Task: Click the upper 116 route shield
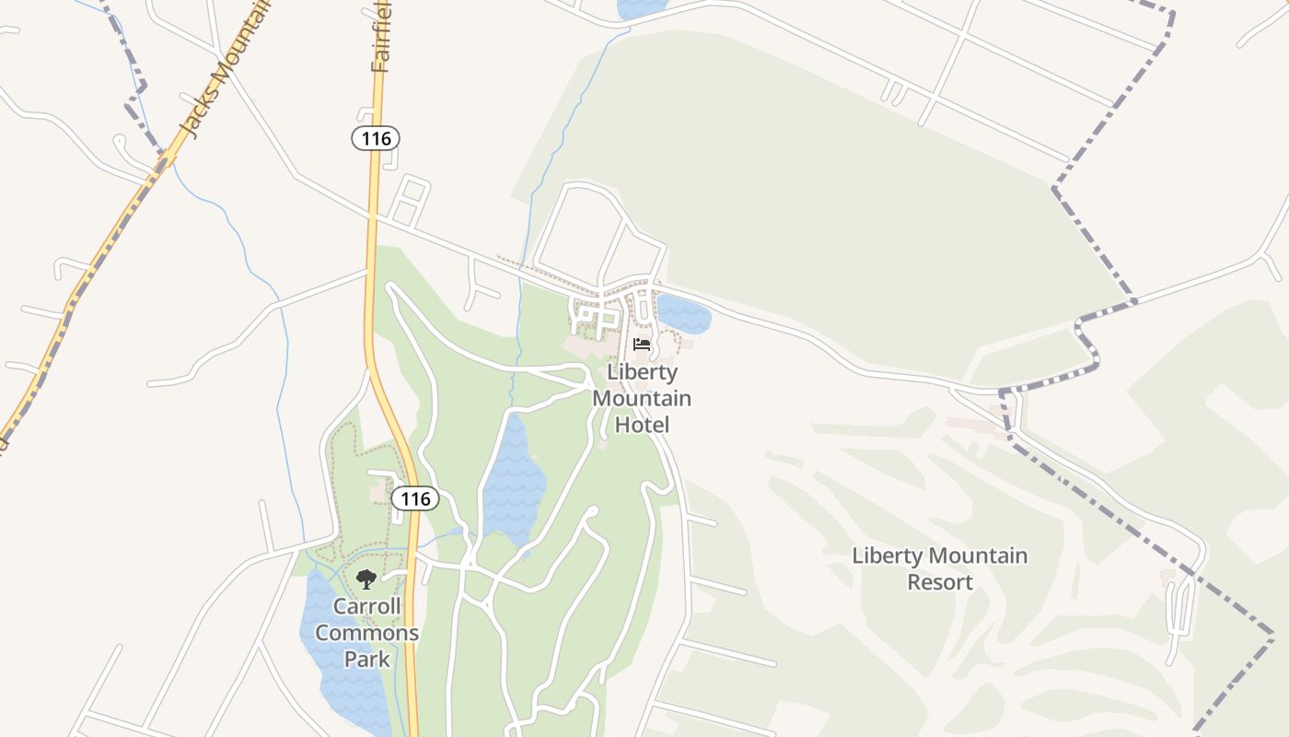point(376,139)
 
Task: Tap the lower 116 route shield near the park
point(415,498)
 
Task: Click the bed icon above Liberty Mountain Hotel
point(642,345)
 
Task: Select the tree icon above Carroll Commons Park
point(366,579)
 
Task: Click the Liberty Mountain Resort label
point(939,568)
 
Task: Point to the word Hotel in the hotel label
point(642,425)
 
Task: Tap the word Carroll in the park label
point(366,606)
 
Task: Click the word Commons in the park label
point(366,633)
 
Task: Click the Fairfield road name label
point(382,37)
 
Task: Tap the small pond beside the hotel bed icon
point(684,315)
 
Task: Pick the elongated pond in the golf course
point(514,479)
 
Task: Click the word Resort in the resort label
point(939,582)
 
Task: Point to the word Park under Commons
point(366,660)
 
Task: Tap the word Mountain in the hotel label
point(642,398)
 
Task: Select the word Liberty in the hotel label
point(642,372)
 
